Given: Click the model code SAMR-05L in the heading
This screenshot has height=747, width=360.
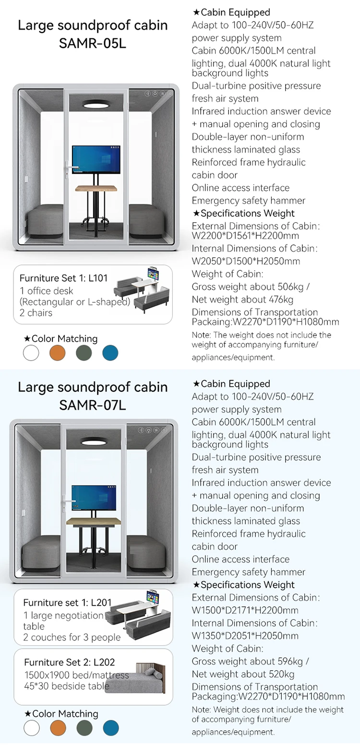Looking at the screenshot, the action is coord(93,43).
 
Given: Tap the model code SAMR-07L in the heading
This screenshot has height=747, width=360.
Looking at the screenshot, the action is coord(93,405).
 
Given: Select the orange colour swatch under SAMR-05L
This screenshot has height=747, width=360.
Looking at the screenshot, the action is coord(57,353).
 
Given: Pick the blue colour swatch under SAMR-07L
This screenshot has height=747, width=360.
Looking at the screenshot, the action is coord(111,728).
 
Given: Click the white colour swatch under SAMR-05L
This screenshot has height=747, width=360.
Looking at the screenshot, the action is coord(31,353).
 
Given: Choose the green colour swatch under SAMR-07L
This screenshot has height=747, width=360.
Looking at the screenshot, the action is coord(84,728).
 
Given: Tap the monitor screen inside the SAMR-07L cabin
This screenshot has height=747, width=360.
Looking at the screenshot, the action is coord(94,497).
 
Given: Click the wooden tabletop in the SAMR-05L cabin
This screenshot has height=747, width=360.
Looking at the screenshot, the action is coord(96,188).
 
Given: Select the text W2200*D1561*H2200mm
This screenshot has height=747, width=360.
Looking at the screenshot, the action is coord(245,236).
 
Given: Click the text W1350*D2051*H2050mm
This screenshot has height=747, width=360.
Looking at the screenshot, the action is coord(245,636).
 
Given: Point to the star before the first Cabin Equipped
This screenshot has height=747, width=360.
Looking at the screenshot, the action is coord(196,12).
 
